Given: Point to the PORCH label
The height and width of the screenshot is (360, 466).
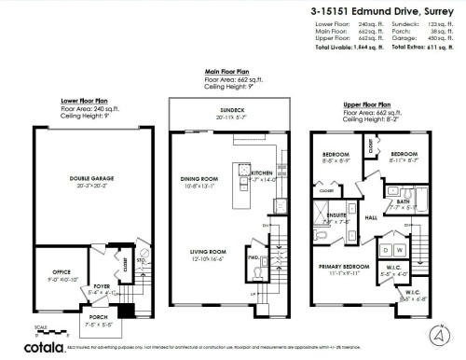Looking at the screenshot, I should click(90, 321).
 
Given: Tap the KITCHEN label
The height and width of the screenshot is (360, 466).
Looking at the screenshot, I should click(261, 173).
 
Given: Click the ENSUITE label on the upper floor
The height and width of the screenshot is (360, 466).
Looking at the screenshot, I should click(336, 216).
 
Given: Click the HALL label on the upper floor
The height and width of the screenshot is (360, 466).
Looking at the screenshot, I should click(370, 219).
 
